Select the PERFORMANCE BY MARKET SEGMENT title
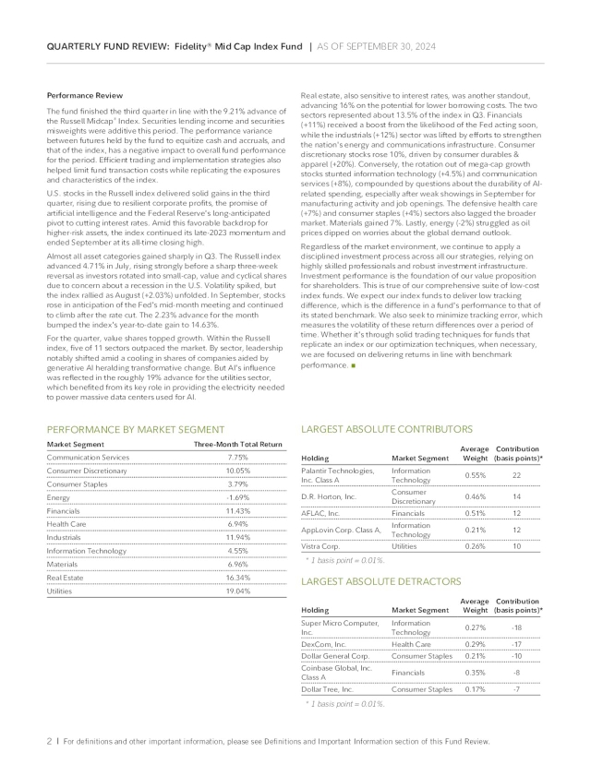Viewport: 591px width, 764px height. tap(135, 429)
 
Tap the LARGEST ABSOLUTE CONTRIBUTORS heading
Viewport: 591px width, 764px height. tap(387, 429)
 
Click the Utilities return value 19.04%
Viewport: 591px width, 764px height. tap(237, 591)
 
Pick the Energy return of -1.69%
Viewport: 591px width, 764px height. tap(237, 496)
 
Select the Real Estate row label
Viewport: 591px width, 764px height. tap(67, 577)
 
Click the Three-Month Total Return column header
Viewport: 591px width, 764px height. tap(237, 444)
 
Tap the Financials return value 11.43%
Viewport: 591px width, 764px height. tap(237, 510)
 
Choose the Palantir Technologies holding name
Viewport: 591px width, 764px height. tap(337, 475)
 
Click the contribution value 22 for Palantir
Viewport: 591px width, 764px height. tap(516, 475)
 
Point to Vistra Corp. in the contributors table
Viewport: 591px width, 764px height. tap(322, 545)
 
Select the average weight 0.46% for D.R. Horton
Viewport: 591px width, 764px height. tap(475, 497)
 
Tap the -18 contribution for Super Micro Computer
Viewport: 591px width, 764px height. tap(516, 627)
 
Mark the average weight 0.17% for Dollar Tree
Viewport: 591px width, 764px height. tap(475, 688)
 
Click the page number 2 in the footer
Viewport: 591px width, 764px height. tap(49, 741)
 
